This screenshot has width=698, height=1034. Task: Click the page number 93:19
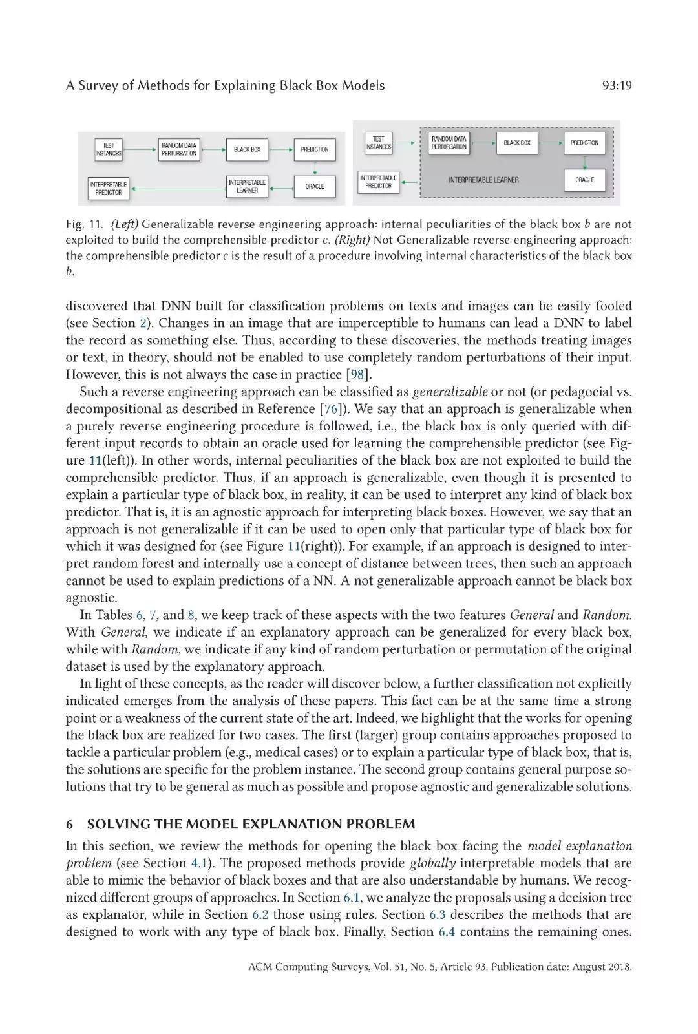pyautogui.click(x=615, y=85)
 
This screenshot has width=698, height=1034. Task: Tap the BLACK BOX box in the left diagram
pyautogui.click(x=247, y=149)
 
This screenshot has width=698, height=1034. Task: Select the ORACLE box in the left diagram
pyautogui.click(x=315, y=186)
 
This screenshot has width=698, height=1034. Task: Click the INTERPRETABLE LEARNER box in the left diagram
pyautogui.click(x=247, y=187)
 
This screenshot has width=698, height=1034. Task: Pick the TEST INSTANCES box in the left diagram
pyautogui.click(x=109, y=150)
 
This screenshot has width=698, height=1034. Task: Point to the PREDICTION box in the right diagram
pyautogui.click(x=584, y=143)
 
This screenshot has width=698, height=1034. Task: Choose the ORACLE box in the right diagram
pyautogui.click(x=584, y=180)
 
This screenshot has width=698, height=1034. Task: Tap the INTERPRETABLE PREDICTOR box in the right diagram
pyautogui.click(x=379, y=182)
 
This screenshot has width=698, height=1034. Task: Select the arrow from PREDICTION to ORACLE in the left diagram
pyautogui.click(x=315, y=168)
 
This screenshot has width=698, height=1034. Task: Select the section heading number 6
pyautogui.click(x=69, y=824)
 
